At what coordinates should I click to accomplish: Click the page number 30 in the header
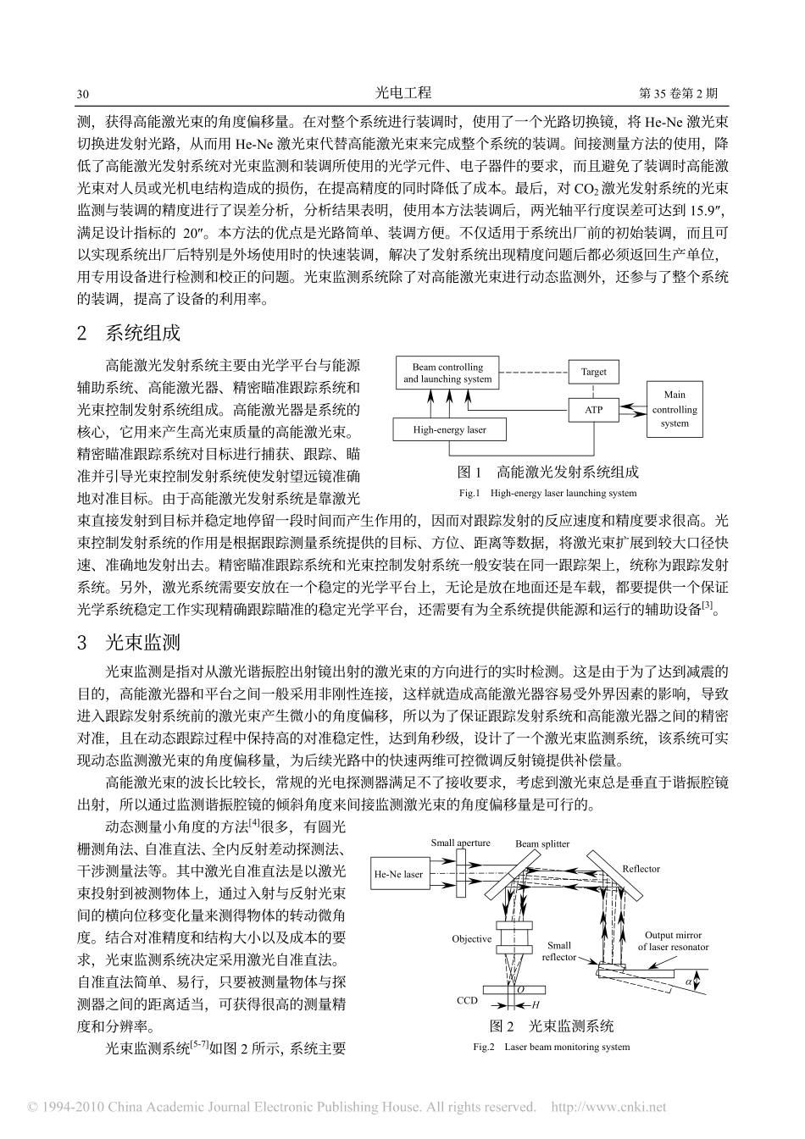(x=83, y=94)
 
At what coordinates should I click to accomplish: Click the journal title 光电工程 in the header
(x=402, y=93)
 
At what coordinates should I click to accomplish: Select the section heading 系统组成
(x=142, y=333)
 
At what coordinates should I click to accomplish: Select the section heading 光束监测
(x=142, y=644)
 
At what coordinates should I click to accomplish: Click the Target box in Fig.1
(x=593, y=372)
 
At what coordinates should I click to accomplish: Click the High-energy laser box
(x=449, y=429)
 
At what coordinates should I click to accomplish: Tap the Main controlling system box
(x=675, y=409)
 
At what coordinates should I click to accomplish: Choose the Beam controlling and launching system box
(x=447, y=373)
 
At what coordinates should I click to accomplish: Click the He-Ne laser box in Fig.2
(x=398, y=874)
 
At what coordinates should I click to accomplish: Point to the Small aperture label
(x=460, y=843)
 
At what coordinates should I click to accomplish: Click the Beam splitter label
(x=542, y=843)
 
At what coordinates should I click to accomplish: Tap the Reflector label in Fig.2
(x=641, y=869)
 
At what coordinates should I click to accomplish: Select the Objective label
(x=471, y=938)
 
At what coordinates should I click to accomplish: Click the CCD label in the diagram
(x=467, y=1000)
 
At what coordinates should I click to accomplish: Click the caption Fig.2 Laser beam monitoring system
(x=551, y=1047)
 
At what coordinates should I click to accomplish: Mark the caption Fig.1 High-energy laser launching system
(x=547, y=493)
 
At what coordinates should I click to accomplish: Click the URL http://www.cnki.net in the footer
(x=608, y=1107)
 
